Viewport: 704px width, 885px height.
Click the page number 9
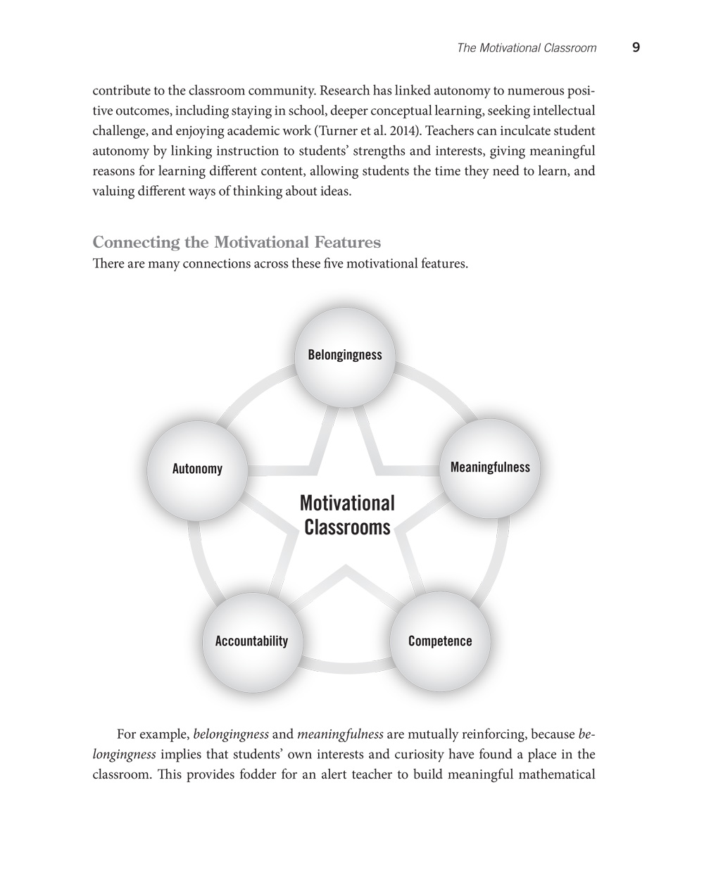click(x=636, y=48)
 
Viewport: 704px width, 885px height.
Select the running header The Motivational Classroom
click(x=526, y=49)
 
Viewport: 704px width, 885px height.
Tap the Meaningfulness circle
click(x=490, y=468)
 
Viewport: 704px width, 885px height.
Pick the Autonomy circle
click(x=197, y=470)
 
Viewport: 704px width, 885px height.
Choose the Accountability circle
click(x=251, y=641)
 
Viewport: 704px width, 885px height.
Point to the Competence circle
click(x=440, y=641)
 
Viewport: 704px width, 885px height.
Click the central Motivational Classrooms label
click(x=347, y=515)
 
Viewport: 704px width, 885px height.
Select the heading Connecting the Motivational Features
click(x=237, y=243)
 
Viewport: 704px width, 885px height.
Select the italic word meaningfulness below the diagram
click(x=340, y=735)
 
